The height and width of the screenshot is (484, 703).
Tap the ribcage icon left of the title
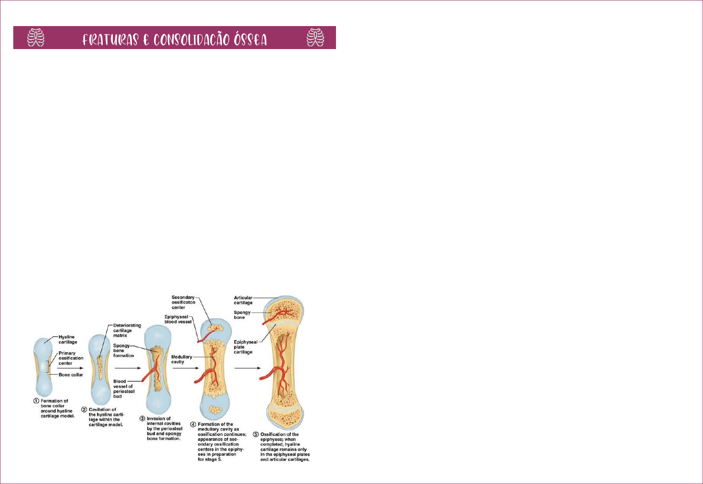click(x=36, y=38)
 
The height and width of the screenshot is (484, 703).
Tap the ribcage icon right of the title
click(x=315, y=38)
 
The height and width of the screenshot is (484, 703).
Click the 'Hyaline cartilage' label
click(x=68, y=339)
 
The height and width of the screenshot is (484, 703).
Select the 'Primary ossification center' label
click(x=71, y=358)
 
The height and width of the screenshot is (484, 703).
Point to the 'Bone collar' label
click(x=71, y=375)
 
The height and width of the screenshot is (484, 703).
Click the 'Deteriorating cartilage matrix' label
click(x=127, y=330)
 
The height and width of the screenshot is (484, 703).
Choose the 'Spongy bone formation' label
click(x=123, y=351)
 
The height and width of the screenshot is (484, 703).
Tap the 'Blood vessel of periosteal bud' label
click(x=124, y=389)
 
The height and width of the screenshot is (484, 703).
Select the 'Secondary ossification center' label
click(x=183, y=302)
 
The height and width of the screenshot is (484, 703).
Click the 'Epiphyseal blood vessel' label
click(x=178, y=319)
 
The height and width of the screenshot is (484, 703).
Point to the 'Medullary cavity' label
click(x=182, y=359)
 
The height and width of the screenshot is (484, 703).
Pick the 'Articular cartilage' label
click(x=243, y=300)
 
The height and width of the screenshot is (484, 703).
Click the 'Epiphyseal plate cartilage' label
click(x=245, y=347)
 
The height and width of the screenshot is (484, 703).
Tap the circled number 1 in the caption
click(x=36, y=401)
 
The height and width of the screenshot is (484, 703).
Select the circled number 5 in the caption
click(x=255, y=434)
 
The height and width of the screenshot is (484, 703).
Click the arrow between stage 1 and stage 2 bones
click(x=70, y=368)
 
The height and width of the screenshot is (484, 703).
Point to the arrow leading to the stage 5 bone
click(x=247, y=368)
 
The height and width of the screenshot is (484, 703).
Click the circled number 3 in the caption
click(x=143, y=419)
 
